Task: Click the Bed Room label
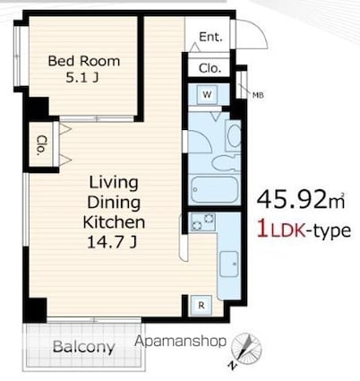[84, 61]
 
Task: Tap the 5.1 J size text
[82, 78]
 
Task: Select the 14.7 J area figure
[112, 242]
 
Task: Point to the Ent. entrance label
[210, 37]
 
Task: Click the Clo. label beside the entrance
[210, 68]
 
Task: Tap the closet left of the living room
[41, 145]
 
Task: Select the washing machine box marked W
[207, 95]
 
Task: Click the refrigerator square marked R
[201, 305]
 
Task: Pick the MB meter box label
[258, 95]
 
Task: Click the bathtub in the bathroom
[214, 190]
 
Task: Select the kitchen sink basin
[229, 264]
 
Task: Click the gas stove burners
[202, 222]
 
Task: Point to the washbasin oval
[235, 135]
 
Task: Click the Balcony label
[84, 347]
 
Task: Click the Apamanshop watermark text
[180, 342]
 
